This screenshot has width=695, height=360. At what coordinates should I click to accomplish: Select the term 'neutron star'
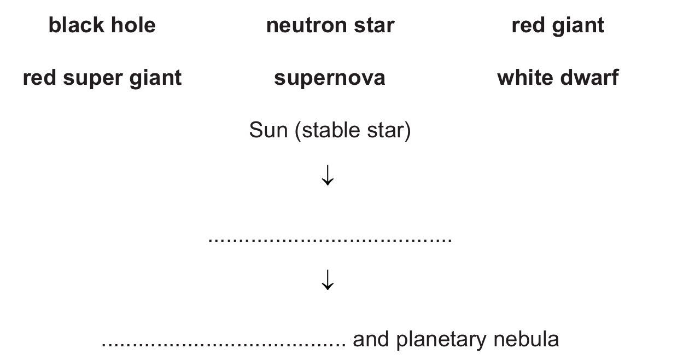click(330, 25)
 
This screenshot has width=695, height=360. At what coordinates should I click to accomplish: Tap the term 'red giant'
click(558, 26)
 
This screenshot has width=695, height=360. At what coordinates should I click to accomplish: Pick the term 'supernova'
click(330, 78)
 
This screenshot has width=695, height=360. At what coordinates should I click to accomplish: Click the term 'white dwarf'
click(558, 77)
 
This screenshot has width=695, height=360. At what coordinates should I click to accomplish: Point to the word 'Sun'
click(268, 130)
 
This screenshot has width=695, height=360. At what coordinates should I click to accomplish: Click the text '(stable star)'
click(353, 131)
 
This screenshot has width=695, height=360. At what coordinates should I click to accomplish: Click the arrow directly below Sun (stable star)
click(328, 175)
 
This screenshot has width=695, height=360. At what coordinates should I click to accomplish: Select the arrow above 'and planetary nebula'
click(328, 280)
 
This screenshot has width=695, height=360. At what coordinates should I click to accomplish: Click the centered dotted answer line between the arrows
click(330, 240)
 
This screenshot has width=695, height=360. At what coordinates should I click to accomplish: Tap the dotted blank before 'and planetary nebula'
click(224, 344)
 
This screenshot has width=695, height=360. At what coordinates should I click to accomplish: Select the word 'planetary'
click(441, 340)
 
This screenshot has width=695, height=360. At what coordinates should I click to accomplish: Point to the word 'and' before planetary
click(371, 339)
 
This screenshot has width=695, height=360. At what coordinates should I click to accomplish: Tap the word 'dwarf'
click(589, 77)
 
